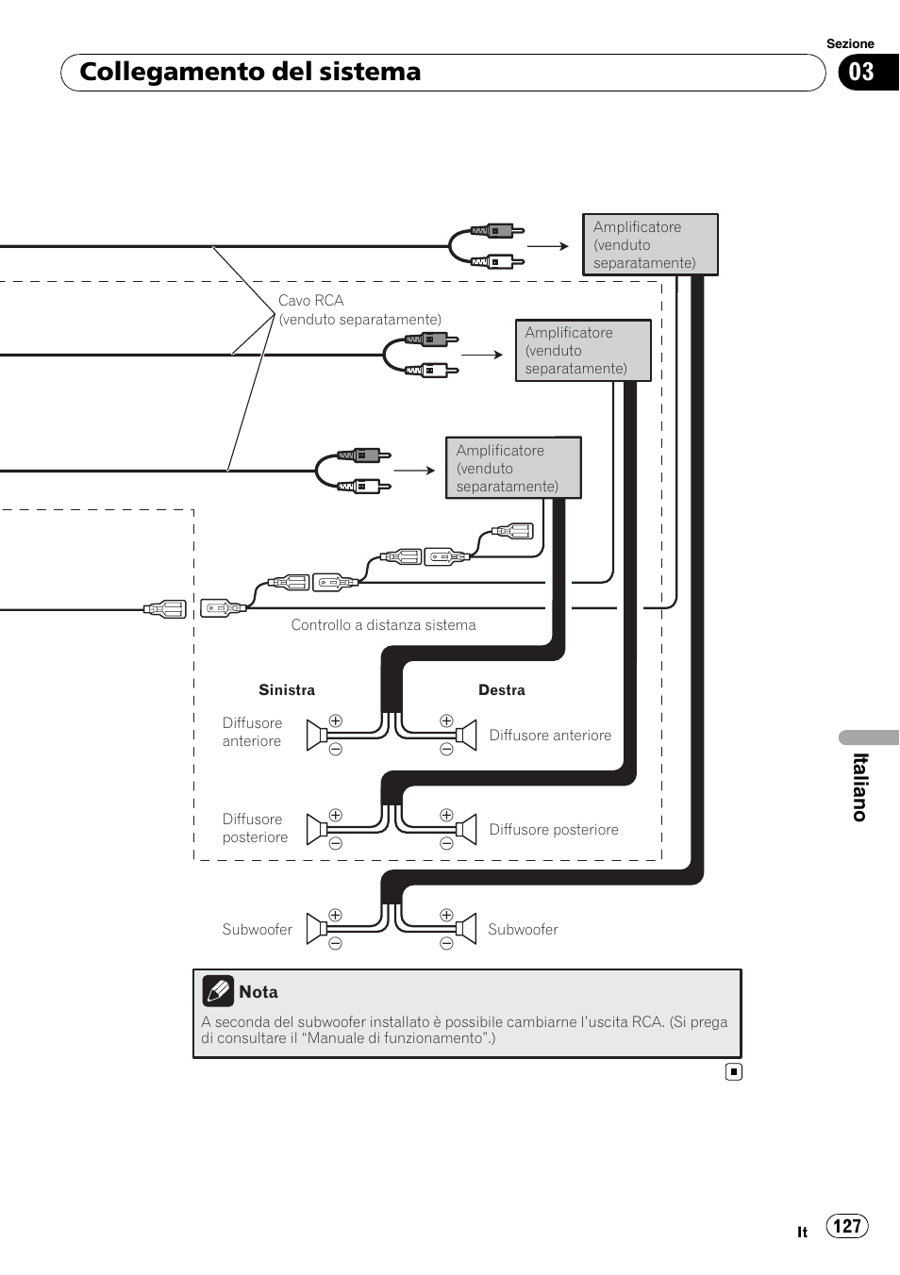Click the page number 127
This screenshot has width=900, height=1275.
coord(847,1226)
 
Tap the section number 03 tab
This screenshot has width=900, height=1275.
coord(862,73)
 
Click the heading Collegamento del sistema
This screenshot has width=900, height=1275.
coord(250,73)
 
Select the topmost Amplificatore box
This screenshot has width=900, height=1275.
coord(650,245)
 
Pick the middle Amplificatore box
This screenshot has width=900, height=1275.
coord(583,351)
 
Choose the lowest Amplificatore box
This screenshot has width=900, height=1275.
coord(513,468)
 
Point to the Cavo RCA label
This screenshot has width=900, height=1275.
coord(311,301)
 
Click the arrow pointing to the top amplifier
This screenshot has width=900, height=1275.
coord(548,246)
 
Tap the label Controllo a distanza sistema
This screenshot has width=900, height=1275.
coord(383,625)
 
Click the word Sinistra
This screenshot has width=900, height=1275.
coord(287,690)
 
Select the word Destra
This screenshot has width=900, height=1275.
coord(502,690)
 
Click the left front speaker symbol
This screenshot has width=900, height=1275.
coord(317,736)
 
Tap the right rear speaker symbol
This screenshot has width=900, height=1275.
coord(466,830)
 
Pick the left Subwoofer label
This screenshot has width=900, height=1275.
coord(257,930)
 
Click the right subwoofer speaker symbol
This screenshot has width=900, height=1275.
coord(466,930)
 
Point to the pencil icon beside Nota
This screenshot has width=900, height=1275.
coord(218,990)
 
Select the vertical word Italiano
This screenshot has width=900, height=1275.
coord(860,787)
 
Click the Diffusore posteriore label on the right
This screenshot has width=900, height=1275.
coord(554,830)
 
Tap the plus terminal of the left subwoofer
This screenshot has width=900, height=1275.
coord(335,915)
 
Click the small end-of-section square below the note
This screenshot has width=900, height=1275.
coord(734,1071)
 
